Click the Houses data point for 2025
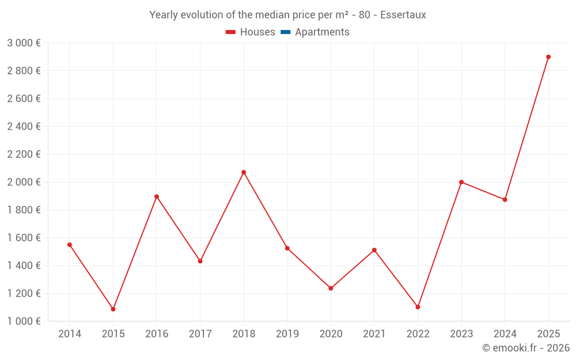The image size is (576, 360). tap(548, 57)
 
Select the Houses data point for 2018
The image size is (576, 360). tap(244, 172)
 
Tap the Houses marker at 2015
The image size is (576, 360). tap(113, 309)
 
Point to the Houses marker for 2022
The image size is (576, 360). tap(418, 307)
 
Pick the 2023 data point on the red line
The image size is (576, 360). tap(461, 182)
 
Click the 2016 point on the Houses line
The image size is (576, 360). tap(157, 196)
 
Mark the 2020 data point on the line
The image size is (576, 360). tap(331, 288)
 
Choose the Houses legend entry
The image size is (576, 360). tap(251, 32)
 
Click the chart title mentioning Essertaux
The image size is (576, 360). tap(287, 15)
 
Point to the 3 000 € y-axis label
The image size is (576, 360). tap(24, 43)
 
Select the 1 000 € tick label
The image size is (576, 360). tap(24, 321)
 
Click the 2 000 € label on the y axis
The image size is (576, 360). tap(24, 182)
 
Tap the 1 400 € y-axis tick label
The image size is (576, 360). tap(24, 266)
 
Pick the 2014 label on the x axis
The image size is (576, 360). tap(70, 334)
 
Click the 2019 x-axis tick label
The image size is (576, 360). tap(287, 334)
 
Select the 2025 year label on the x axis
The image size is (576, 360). tap(548, 334)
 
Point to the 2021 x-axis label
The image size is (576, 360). tap(374, 334)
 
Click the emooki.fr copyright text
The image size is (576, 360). tap(526, 348)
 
